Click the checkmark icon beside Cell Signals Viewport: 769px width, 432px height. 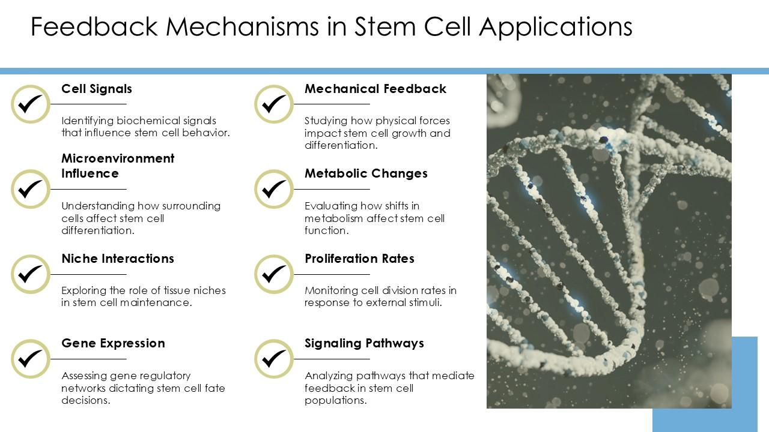click(31, 104)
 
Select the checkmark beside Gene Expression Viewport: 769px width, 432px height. click(31, 359)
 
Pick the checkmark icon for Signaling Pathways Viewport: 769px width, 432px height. click(274, 359)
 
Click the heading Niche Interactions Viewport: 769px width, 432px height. click(118, 259)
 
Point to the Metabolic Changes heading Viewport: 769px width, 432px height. click(366, 173)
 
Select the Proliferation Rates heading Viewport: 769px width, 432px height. click(359, 259)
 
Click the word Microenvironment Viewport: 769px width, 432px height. click(118, 158)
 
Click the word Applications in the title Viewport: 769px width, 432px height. click(556, 28)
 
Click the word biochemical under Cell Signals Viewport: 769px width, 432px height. click(148, 121)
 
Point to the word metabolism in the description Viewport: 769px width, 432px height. click(333, 218)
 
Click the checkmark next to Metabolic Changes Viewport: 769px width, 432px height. click(274, 189)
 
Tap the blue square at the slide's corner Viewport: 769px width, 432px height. click(705, 385)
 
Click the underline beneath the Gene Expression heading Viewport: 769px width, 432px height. click(88, 359)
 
